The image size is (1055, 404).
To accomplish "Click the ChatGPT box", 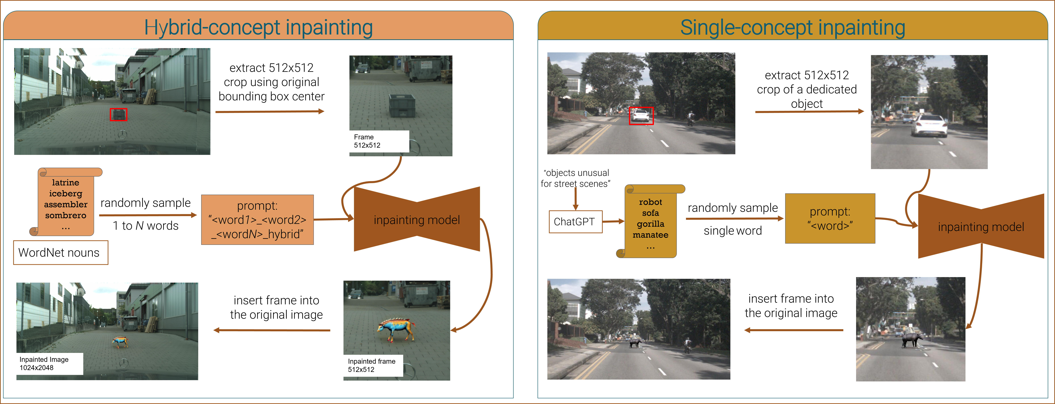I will coord(575,222).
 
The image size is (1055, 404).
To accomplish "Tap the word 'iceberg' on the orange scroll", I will coord(66,193).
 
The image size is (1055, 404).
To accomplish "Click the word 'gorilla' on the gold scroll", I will coord(650,224).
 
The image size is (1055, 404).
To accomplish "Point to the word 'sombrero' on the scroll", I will coord(66,215).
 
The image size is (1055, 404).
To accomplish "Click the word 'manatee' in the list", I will coord(650,235).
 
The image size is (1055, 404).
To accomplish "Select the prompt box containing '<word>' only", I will coord(830,218).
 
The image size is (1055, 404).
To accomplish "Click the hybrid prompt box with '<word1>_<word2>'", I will coord(257,220).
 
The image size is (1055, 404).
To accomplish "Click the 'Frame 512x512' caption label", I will coord(379,141).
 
